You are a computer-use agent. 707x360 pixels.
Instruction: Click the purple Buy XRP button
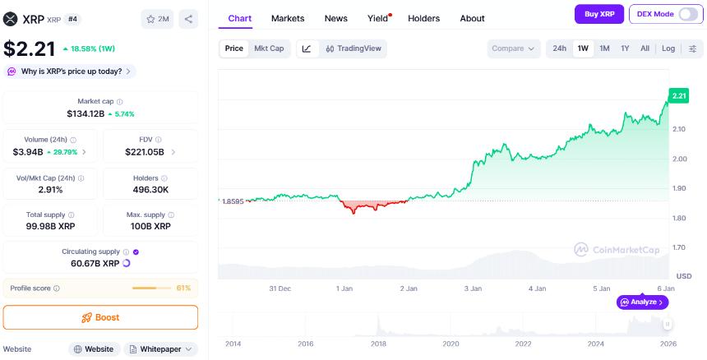point(598,14)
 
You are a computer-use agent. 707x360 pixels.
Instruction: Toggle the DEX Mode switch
point(687,14)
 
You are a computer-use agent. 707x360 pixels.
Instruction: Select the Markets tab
point(288,18)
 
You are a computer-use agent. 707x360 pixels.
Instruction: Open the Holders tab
point(423,18)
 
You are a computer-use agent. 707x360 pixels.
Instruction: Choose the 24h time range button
point(559,48)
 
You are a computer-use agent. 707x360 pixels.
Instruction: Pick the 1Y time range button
point(625,48)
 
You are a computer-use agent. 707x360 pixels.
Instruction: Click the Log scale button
point(668,48)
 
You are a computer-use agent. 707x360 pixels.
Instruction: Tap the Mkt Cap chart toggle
point(269,48)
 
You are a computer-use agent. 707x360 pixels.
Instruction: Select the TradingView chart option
point(353,48)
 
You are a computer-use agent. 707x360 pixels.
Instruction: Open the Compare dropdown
point(513,48)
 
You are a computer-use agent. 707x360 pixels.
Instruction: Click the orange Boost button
point(100,317)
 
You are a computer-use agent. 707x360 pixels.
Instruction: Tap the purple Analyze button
point(642,302)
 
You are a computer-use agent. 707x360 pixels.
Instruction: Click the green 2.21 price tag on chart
point(678,96)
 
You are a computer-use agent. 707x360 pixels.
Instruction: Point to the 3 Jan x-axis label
point(473,288)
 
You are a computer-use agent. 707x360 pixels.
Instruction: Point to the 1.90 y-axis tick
point(679,188)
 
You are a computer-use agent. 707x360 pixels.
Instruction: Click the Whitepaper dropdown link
point(161,349)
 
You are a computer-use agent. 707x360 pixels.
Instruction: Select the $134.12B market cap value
point(85,113)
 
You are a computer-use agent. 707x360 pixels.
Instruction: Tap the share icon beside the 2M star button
point(187,18)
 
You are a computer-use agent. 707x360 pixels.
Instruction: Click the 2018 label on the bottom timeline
point(378,344)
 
